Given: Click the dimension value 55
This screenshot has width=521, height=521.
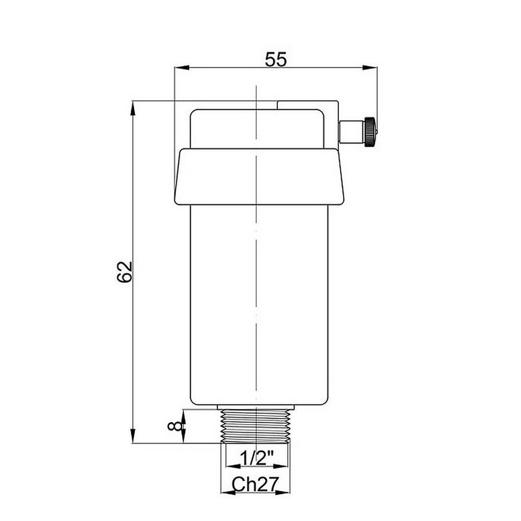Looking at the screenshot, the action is tap(275, 59).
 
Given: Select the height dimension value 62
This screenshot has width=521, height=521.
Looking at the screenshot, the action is tap(125, 272).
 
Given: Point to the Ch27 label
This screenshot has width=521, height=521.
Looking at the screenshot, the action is tap(255, 484).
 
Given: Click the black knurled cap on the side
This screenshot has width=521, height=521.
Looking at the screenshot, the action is tap(370, 132).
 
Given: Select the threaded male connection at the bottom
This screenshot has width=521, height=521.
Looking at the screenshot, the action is tap(256, 426).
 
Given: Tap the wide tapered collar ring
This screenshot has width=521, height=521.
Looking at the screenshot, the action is tap(259, 177).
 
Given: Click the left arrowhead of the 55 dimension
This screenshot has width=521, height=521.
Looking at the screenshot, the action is tap(182, 68).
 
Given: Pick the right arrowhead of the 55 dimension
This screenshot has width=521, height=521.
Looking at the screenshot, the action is tap(370, 68).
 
